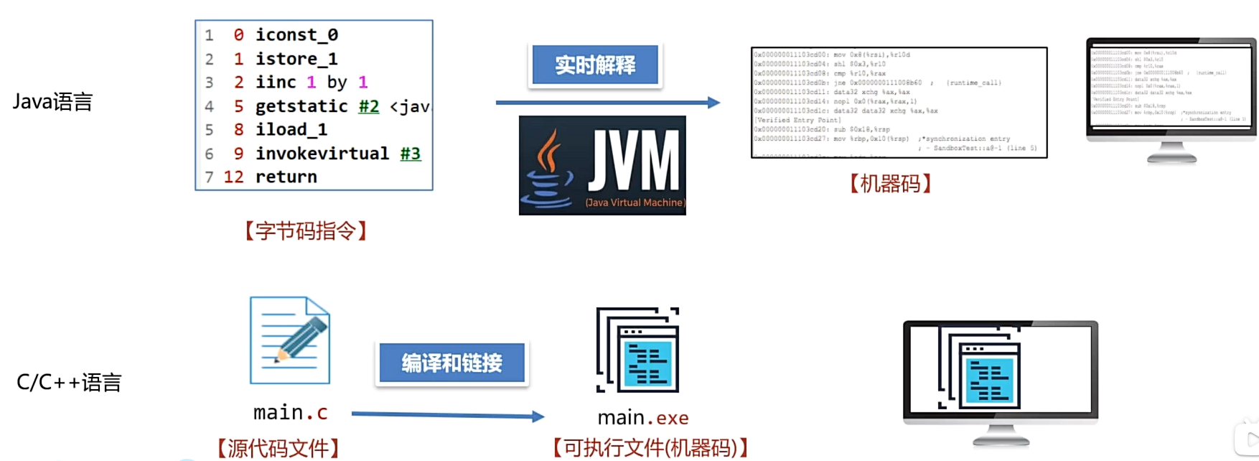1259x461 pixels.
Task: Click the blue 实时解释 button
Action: (595, 65)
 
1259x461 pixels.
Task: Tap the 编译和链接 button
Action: (451, 363)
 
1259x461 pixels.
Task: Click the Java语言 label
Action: (52, 102)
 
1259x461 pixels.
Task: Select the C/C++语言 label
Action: (69, 382)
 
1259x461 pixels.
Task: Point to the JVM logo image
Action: (602, 165)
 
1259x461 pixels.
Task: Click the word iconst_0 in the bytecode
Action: (296, 35)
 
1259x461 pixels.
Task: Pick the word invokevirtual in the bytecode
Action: (322, 154)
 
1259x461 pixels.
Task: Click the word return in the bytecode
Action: (286, 177)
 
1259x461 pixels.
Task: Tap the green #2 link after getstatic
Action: (368, 106)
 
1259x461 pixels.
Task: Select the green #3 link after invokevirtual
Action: (410, 154)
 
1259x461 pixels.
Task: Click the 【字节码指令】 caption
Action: (306, 231)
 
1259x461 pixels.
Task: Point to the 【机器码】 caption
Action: (890, 184)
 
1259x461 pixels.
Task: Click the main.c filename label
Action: (290, 413)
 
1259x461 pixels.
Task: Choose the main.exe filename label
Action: (643, 418)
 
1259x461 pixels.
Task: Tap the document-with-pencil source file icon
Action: (290, 340)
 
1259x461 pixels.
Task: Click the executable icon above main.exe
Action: (638, 350)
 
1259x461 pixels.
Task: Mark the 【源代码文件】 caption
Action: (278, 449)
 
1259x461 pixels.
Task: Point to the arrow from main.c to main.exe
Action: (447, 415)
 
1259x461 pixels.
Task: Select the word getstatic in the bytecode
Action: (301, 106)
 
